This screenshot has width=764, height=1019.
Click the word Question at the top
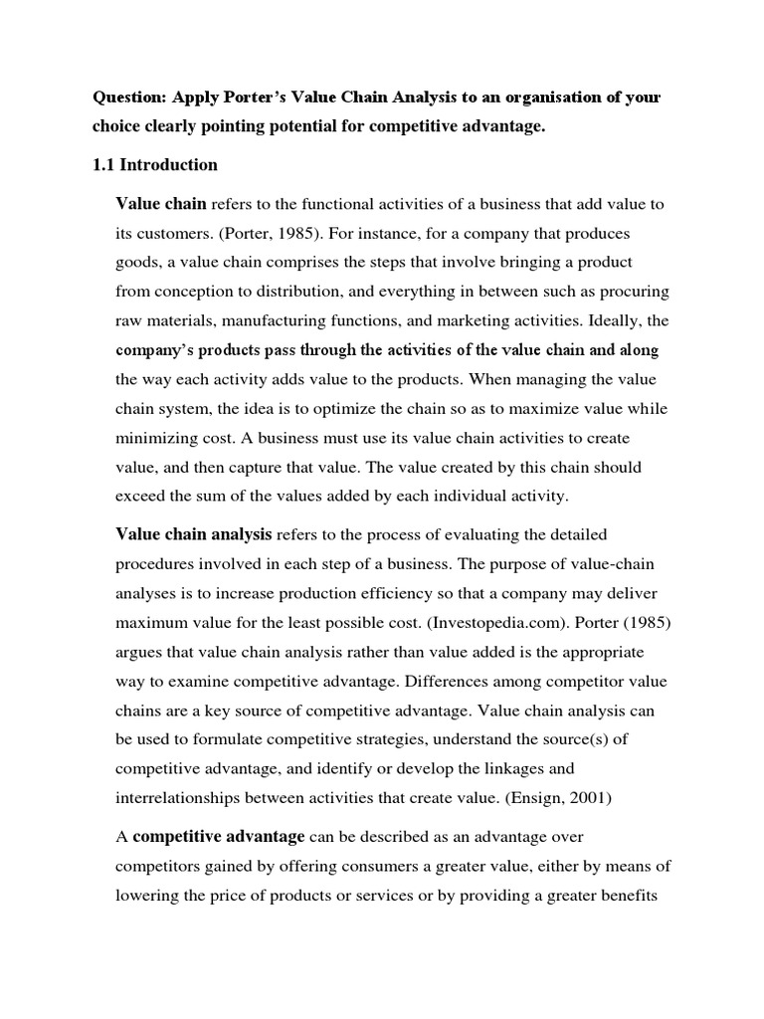[129, 99]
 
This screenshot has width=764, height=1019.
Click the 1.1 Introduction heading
[155, 164]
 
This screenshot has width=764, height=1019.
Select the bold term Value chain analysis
[194, 535]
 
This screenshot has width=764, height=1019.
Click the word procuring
[630, 292]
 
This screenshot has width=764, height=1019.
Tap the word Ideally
[597, 320]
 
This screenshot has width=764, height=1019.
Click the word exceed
[140, 497]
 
